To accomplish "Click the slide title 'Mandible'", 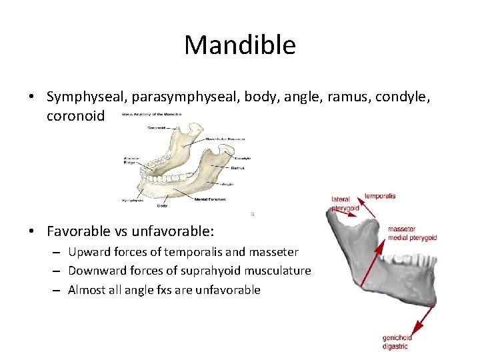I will tap(240, 45).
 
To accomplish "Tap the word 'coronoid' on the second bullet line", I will tap(75, 116).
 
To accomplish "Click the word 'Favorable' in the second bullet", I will tap(77, 231).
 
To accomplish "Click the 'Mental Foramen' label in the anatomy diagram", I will tap(211, 199).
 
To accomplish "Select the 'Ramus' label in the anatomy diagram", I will tap(237, 168).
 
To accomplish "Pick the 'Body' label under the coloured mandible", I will tap(162, 205).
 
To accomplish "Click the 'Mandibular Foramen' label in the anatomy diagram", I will tap(226, 139).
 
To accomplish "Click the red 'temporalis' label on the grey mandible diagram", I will tap(380, 196).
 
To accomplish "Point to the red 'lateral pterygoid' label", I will tap(345, 204).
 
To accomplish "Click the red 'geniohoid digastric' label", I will tap(397, 342).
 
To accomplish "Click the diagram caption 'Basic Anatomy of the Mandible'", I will tap(152, 115).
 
